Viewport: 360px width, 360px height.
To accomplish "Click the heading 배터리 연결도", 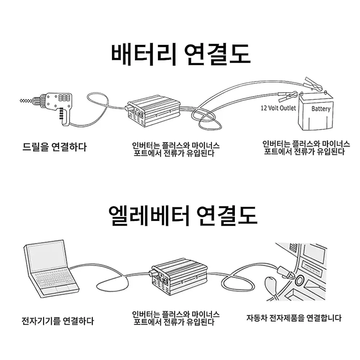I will [x=180, y=54].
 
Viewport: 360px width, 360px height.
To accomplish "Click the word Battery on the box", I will [x=321, y=109].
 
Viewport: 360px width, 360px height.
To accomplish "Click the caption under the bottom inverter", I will [x=175, y=318].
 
